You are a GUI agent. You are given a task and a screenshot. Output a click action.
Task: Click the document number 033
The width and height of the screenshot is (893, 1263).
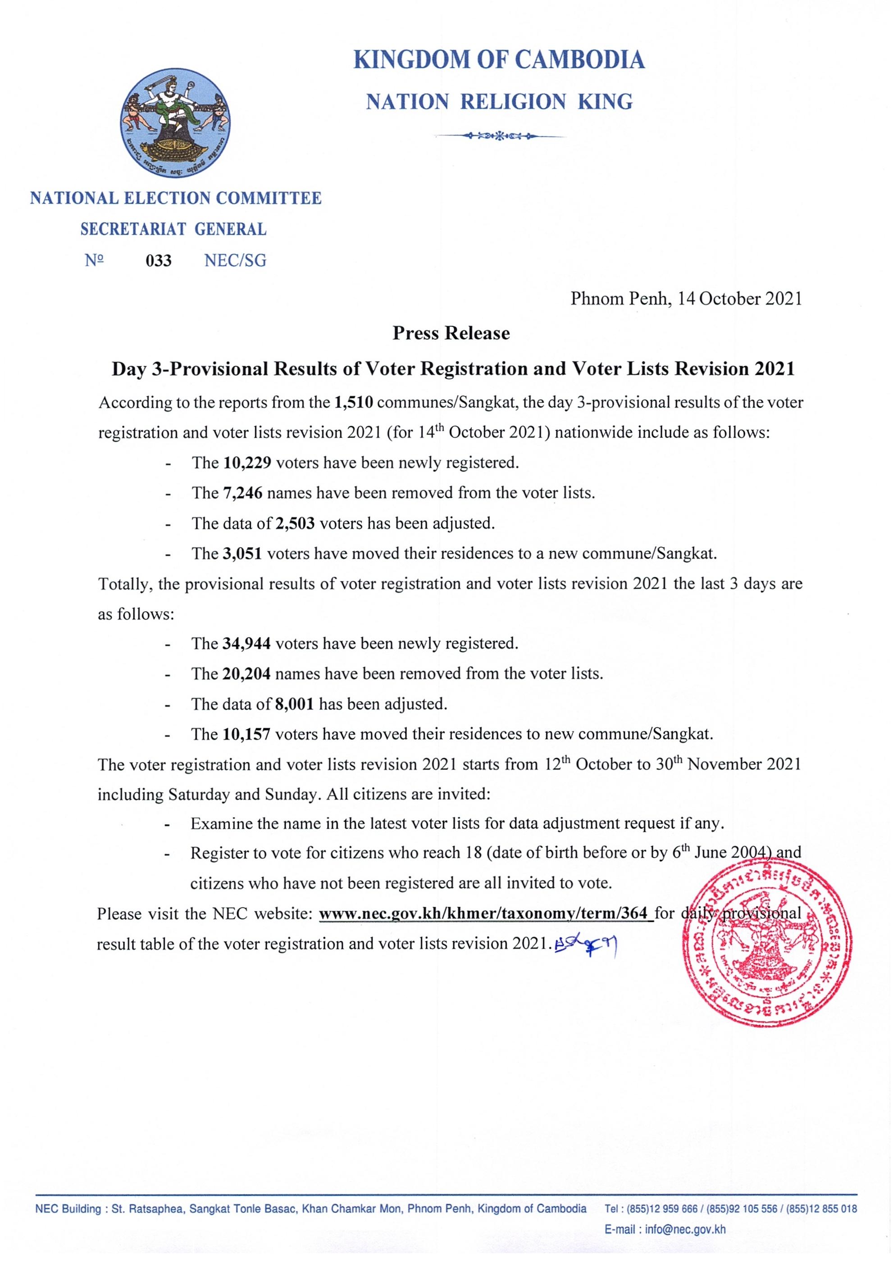159,260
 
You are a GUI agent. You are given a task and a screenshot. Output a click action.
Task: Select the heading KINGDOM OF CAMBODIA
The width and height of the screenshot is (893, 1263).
499,60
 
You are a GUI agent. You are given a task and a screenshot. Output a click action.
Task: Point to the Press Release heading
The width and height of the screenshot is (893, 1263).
451,333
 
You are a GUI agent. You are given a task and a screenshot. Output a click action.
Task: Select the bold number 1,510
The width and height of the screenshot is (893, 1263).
353,403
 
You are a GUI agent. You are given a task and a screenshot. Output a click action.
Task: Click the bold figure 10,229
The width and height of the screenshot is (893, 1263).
247,463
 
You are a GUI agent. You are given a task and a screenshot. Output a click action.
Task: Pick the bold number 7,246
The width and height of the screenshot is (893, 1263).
243,493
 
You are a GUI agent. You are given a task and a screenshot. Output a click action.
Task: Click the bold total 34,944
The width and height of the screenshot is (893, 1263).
246,644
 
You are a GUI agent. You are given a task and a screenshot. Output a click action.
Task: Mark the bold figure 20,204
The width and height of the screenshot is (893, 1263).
246,674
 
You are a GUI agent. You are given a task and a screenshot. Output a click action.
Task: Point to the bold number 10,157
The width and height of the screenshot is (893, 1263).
246,734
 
